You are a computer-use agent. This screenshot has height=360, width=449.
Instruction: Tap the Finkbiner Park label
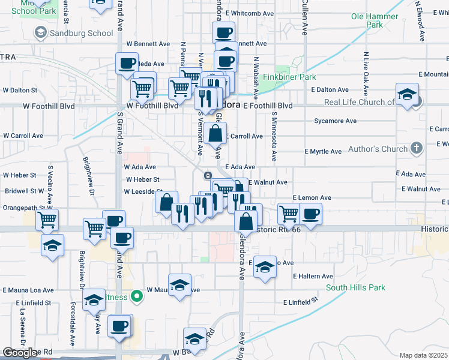(295, 77)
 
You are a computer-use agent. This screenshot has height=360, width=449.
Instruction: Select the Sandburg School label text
(82, 33)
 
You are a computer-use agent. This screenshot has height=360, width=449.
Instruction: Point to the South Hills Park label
(355, 287)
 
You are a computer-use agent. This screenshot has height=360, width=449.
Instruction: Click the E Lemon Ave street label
(312, 197)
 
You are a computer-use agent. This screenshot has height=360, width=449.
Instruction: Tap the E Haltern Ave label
(313, 276)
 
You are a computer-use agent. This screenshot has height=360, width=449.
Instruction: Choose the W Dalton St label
(20, 90)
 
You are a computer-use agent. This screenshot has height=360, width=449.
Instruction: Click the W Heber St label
(142, 179)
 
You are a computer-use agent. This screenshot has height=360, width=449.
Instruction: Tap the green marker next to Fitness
(137, 295)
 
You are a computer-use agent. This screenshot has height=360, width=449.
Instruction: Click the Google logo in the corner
(20, 353)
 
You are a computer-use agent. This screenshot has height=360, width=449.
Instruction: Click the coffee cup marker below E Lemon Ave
(310, 214)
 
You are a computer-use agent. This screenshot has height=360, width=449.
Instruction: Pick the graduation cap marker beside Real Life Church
(407, 94)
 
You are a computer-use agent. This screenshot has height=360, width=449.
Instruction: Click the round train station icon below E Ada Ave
(207, 175)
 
